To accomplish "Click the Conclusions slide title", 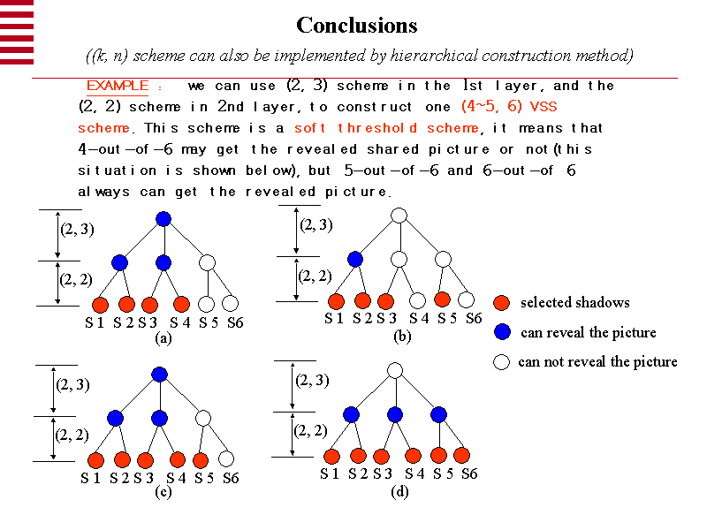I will (x=356, y=25).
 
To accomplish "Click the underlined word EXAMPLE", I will (x=117, y=87).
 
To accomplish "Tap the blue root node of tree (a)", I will (x=163, y=219).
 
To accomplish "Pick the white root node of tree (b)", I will (x=399, y=216).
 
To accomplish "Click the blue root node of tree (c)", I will (x=159, y=375).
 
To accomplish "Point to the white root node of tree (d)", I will (x=395, y=370).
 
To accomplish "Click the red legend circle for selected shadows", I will (x=502, y=303).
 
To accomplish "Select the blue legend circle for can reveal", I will (x=502, y=332).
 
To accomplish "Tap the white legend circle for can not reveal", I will (x=502, y=361).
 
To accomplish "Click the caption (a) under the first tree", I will (x=163, y=337).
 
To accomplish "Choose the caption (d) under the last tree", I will (x=399, y=492).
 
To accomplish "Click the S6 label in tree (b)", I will (x=473, y=319).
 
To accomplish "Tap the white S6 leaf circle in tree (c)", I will (x=226, y=459).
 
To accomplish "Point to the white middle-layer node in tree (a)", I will (x=207, y=262).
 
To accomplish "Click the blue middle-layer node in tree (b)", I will (x=355, y=259).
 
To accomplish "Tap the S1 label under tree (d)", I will (x=332, y=474).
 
